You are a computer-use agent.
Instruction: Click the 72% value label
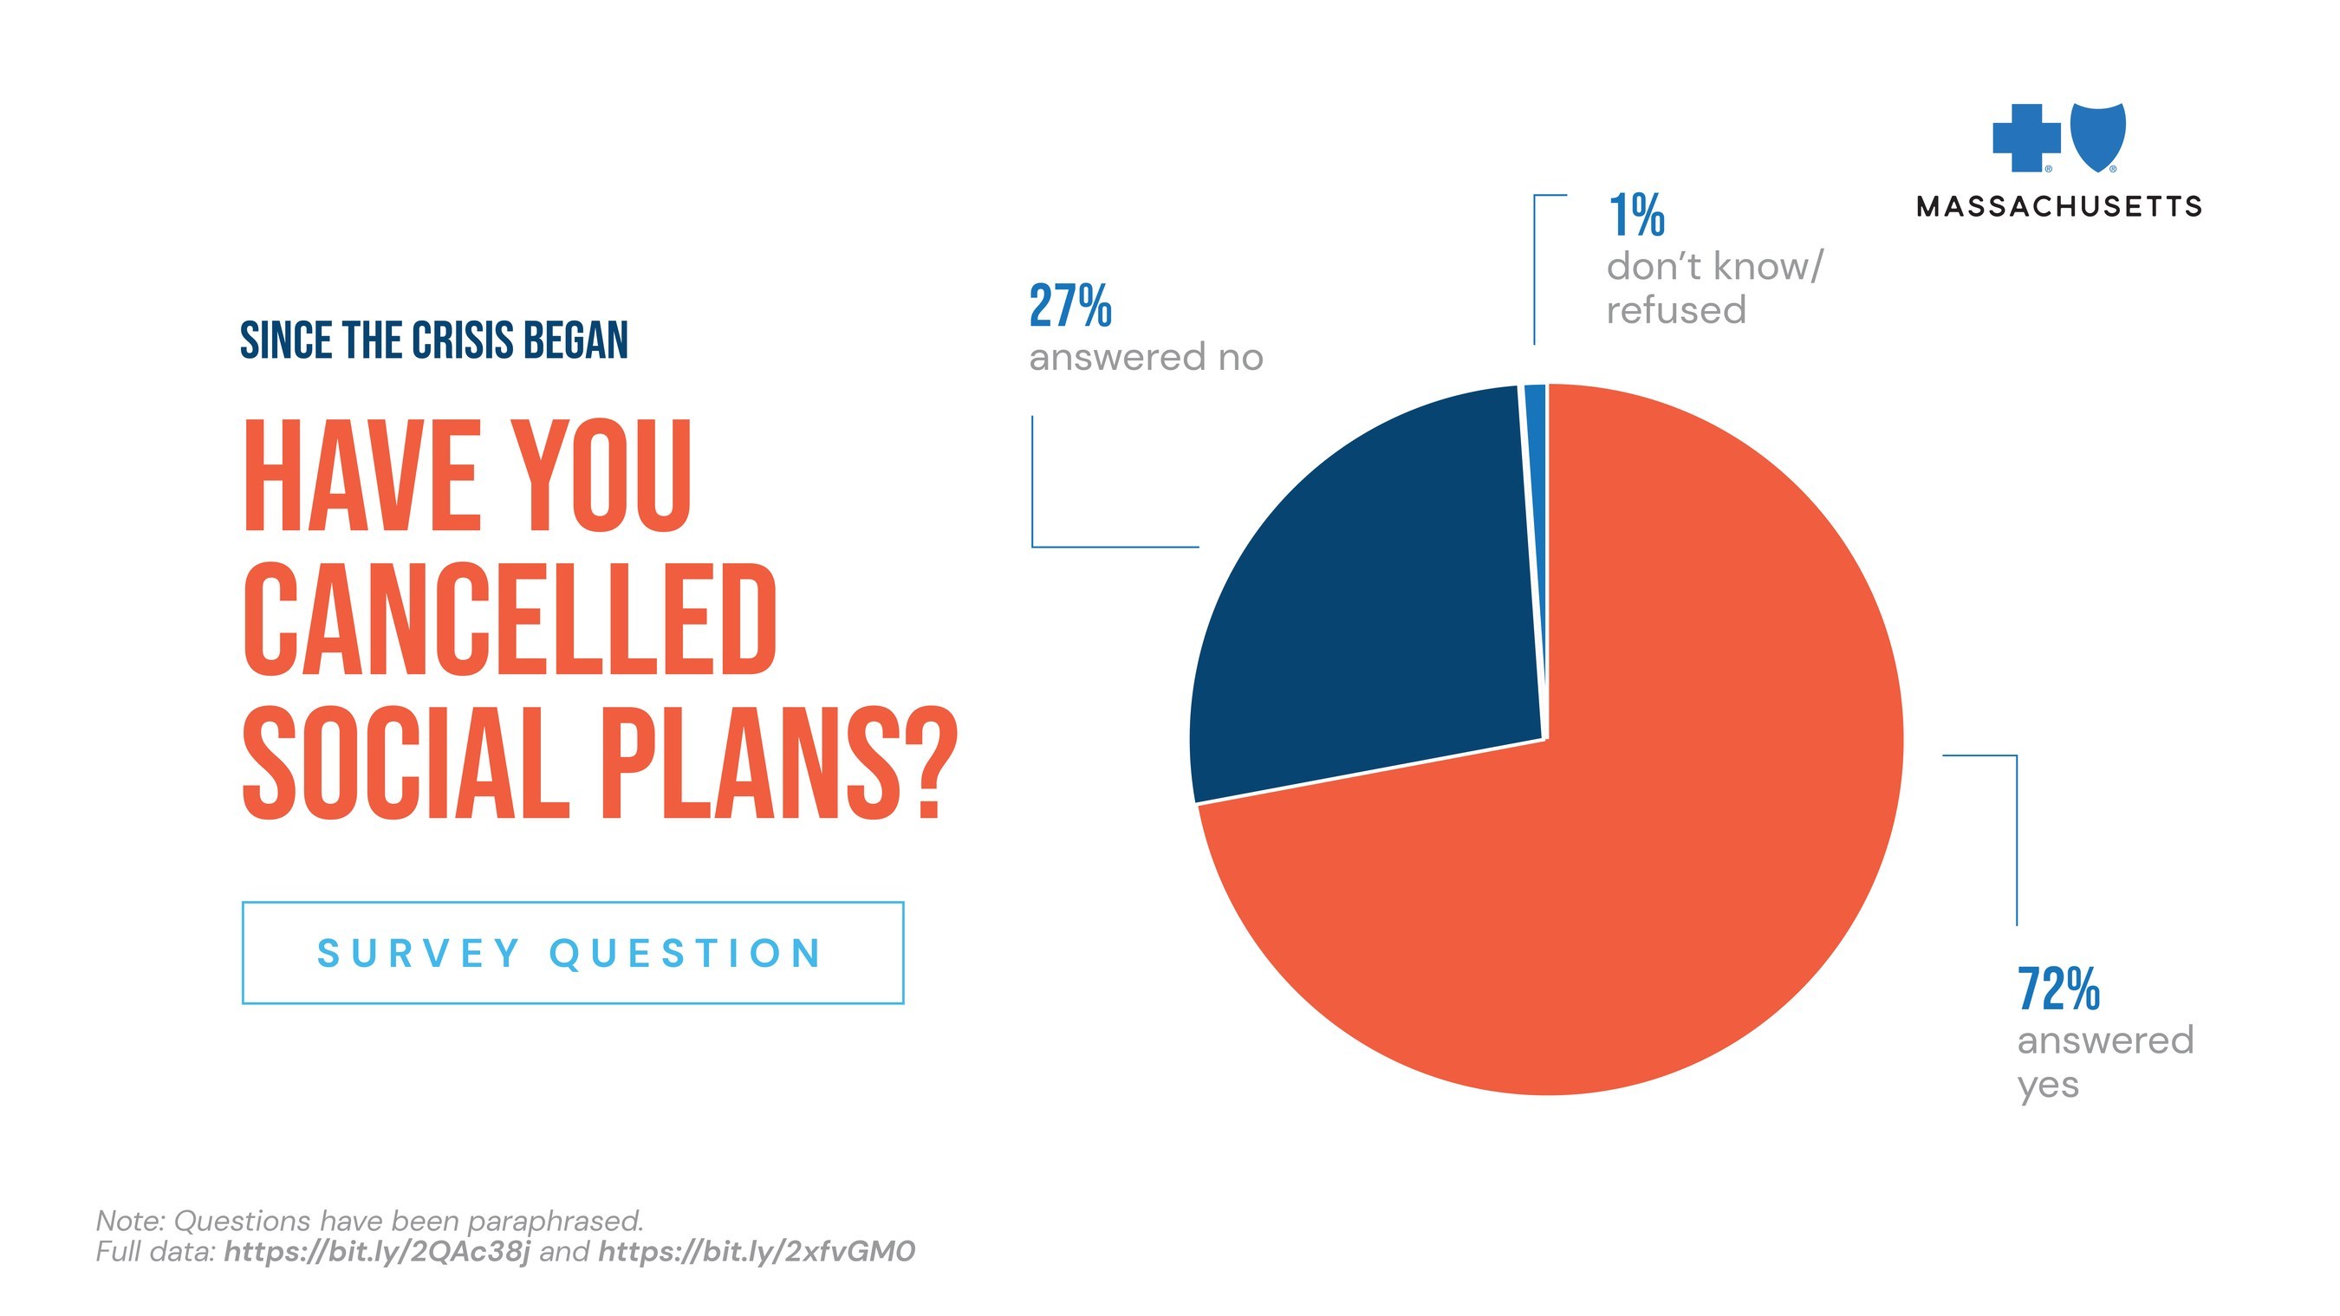point(2058,989)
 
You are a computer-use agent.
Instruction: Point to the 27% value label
point(1070,306)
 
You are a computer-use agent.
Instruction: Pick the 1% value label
point(1636,215)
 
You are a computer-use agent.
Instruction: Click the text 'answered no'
point(1146,358)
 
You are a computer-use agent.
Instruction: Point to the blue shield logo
point(2098,136)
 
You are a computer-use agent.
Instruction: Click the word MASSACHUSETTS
point(2058,207)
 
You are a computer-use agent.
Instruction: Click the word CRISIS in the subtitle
point(463,340)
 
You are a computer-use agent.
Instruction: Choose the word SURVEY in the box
point(418,954)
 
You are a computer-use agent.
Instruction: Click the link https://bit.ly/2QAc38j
point(377,1252)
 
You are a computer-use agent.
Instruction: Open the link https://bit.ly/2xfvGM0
point(756,1252)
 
